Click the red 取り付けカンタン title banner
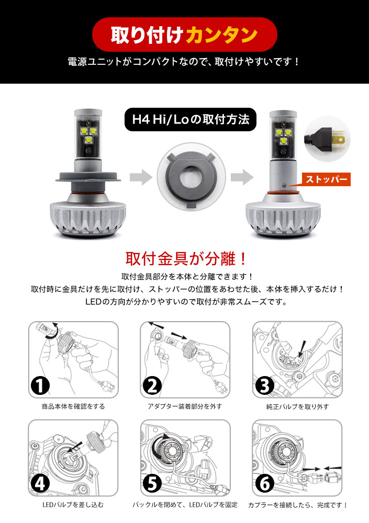pos(184,35)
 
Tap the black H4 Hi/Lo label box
pos(191,119)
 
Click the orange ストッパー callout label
pos(326,179)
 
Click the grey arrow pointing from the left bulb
pos(141,177)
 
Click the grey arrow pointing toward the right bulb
pos(242,177)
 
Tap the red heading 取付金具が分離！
pos(186,258)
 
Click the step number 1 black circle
pos(40,386)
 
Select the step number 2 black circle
pos(152,386)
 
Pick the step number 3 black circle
pos(265,386)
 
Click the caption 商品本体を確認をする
pos(73,406)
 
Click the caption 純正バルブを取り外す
pos(297,406)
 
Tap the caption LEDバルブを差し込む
pos(73,505)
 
